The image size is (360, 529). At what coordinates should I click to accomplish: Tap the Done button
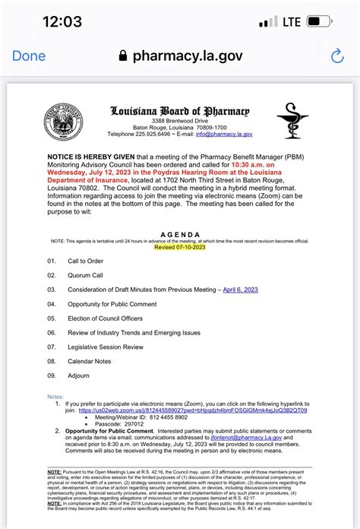(29, 56)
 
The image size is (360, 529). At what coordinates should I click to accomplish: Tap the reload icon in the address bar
(337, 56)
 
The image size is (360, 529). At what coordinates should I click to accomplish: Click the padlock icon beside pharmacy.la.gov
(122, 56)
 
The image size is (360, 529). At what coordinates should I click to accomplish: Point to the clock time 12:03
(51, 21)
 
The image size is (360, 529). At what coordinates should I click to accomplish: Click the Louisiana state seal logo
(62, 122)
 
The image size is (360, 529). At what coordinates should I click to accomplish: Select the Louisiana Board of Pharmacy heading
(179, 111)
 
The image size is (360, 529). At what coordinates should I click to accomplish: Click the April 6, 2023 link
(241, 290)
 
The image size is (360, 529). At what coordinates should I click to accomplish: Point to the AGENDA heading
(179, 235)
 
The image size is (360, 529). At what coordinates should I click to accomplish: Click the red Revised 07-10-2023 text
(179, 248)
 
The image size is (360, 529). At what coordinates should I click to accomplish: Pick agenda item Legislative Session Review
(106, 347)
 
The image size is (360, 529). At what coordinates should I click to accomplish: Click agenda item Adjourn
(81, 376)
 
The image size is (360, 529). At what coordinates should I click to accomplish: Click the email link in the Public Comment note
(251, 438)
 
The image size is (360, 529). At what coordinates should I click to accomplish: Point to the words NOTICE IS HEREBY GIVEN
(89, 152)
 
